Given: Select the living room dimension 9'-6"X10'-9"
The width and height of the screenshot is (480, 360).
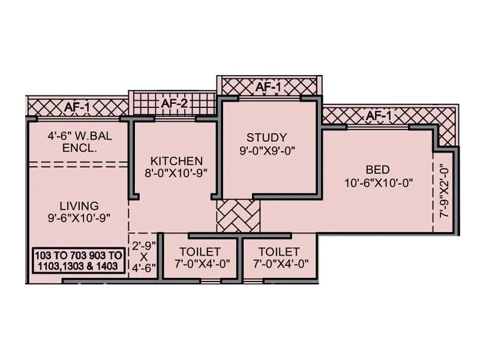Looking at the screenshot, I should click(x=79, y=217).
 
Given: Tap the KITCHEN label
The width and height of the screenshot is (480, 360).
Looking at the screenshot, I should click(x=176, y=161).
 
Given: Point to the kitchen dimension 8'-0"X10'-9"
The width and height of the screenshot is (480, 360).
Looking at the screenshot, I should click(x=176, y=173).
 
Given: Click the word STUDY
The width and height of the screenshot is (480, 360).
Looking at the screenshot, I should click(x=266, y=137).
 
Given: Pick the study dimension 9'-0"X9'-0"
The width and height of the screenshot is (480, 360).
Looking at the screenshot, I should click(x=266, y=150).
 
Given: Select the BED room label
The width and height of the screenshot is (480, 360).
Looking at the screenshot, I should click(x=378, y=169).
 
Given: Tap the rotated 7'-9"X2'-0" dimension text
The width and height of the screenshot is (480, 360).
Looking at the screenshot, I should click(x=445, y=192).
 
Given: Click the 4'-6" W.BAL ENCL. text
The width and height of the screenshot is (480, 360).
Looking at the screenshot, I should click(x=80, y=142).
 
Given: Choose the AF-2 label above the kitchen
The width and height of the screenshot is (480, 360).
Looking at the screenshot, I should click(x=175, y=104).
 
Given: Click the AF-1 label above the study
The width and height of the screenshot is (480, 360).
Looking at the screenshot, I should click(x=268, y=87).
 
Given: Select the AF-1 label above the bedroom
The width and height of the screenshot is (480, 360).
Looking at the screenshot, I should click(x=379, y=115).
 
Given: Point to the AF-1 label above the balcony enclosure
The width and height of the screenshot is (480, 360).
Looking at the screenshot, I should click(x=78, y=107).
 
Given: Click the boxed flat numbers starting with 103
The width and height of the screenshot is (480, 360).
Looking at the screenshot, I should click(x=79, y=261).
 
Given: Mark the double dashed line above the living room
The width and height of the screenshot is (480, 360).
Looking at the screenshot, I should click(x=78, y=164).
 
